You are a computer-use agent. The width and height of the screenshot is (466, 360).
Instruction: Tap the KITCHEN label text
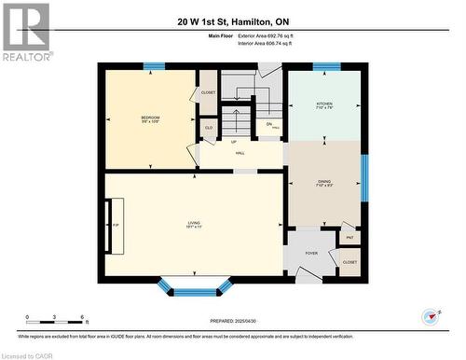(x=323, y=104)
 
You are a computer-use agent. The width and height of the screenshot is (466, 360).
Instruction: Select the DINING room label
(x=323, y=181)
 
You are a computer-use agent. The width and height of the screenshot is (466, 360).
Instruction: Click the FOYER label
(x=310, y=252)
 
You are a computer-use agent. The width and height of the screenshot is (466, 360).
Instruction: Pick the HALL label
(x=240, y=153)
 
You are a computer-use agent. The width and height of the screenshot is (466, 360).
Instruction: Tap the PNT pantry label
(x=349, y=239)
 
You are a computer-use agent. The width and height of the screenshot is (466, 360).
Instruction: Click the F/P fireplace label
(x=116, y=227)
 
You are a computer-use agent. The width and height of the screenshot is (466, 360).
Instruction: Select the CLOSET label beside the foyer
(x=349, y=263)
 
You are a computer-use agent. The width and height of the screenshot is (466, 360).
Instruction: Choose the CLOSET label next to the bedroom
(x=208, y=92)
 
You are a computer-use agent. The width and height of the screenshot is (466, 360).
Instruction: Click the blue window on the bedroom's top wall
(x=154, y=66)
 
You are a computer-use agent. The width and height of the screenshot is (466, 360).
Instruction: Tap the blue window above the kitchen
(x=326, y=66)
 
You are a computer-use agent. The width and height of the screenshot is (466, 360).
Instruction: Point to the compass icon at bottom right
(x=430, y=316)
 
